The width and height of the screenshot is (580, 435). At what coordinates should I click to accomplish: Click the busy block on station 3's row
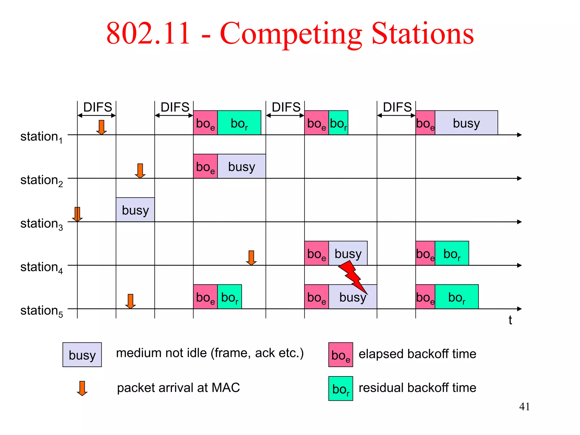[135, 210]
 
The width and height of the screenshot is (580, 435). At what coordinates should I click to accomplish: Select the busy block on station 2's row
[242, 167]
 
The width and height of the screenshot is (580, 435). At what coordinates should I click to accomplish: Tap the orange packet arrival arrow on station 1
[101, 127]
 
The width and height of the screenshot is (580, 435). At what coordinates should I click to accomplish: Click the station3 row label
[41, 224]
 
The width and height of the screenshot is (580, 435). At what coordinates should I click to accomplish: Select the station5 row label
[41, 311]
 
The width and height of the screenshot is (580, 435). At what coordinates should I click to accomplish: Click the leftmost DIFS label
[97, 107]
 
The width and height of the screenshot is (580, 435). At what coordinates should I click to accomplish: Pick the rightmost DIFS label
[397, 107]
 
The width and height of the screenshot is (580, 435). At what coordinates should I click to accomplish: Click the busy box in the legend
[82, 355]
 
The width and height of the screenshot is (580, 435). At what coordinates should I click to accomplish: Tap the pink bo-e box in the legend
[340, 355]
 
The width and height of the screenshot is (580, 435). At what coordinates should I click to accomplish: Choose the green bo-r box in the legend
[340, 388]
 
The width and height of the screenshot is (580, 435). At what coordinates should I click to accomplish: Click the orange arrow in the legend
[82, 388]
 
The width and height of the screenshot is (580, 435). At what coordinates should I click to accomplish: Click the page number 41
[524, 407]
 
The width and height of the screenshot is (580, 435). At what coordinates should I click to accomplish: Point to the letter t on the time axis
[510, 320]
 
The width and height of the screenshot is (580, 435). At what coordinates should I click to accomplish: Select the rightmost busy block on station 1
[466, 123]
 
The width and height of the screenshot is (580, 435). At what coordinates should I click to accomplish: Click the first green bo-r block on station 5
[229, 297]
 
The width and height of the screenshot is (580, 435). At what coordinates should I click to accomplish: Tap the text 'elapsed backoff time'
[417, 354]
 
